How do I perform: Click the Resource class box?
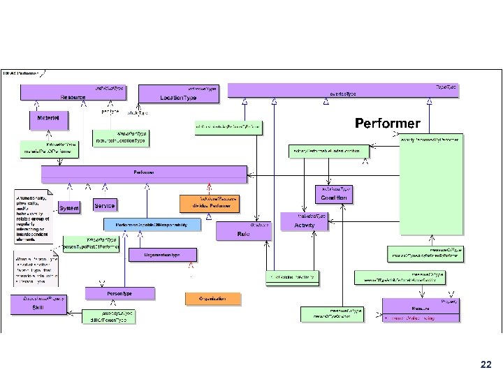73,93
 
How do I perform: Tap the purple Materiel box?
48,121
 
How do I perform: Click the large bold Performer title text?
388,124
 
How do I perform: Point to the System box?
69,208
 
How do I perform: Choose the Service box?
104,206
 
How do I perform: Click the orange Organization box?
212,299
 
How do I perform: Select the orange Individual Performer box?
210,203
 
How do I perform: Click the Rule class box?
243,230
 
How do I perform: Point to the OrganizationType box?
162,255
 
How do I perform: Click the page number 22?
486,364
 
